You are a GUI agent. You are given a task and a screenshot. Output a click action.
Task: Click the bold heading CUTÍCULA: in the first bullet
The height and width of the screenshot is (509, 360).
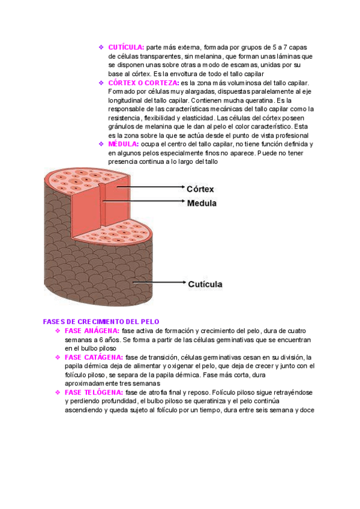126,46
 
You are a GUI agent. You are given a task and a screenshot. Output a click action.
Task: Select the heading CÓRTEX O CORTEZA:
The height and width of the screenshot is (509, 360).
143,82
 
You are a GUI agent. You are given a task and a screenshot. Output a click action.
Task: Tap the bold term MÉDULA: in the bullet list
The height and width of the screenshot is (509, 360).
122,144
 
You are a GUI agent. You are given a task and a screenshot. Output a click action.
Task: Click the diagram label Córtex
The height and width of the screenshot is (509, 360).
201,188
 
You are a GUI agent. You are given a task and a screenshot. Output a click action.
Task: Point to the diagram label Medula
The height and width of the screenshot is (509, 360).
202,203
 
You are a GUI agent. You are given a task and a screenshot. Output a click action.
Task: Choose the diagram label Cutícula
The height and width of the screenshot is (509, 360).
205,283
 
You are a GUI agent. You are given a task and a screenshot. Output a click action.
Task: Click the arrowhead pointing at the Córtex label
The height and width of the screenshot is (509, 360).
181,187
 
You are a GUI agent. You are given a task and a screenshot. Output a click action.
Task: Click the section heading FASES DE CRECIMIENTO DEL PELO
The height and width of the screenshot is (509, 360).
101,322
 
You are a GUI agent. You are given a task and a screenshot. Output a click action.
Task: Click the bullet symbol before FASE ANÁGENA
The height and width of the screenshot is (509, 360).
58,331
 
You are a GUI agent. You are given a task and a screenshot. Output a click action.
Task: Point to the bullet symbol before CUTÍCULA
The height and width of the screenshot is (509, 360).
101,46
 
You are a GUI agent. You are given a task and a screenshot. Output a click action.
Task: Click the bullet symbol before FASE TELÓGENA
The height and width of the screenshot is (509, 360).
58,393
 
